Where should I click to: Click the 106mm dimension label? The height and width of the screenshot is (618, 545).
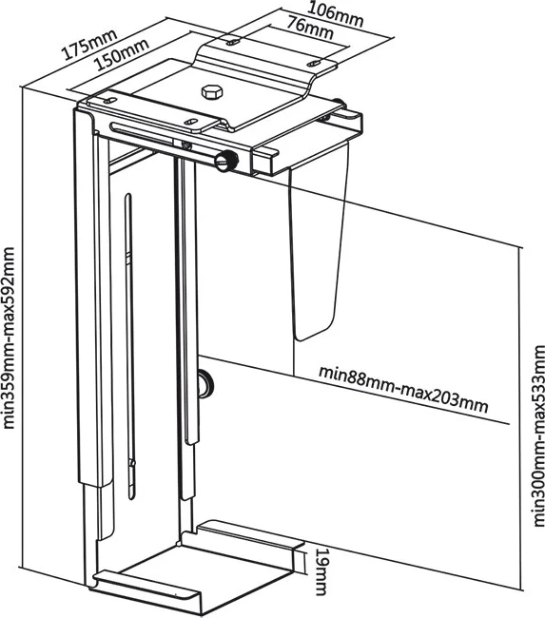[x=335, y=14]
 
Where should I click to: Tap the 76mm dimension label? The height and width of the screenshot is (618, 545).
[x=309, y=28]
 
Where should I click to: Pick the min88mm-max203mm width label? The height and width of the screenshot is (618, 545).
[x=403, y=390]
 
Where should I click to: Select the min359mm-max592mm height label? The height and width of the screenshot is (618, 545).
[x=9, y=338]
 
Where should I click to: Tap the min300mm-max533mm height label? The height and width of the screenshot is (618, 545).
[x=538, y=435]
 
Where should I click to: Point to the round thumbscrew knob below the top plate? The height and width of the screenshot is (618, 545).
[x=226, y=161]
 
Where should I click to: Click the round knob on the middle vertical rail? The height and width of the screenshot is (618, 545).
[x=205, y=383]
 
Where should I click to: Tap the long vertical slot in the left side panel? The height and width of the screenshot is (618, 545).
[x=128, y=347]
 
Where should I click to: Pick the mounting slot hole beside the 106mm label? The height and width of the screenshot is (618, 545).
[x=233, y=41]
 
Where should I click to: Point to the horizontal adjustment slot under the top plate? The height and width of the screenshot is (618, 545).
[x=143, y=132]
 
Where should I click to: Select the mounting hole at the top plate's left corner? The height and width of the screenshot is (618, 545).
[x=108, y=99]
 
